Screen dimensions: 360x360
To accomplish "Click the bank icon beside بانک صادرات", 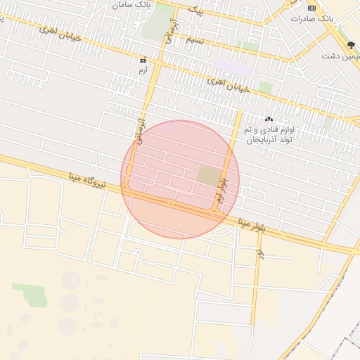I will pos(312,8).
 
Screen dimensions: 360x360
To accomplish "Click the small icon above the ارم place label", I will pos(143,60).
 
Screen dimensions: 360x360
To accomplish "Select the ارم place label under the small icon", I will pos(143,70).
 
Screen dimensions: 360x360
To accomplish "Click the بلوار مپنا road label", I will pos(251,225).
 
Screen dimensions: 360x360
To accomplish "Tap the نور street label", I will pos(259,253).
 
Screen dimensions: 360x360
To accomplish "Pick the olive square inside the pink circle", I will pos(208,175).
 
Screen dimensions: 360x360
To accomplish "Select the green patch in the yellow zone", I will pos(30,294).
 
